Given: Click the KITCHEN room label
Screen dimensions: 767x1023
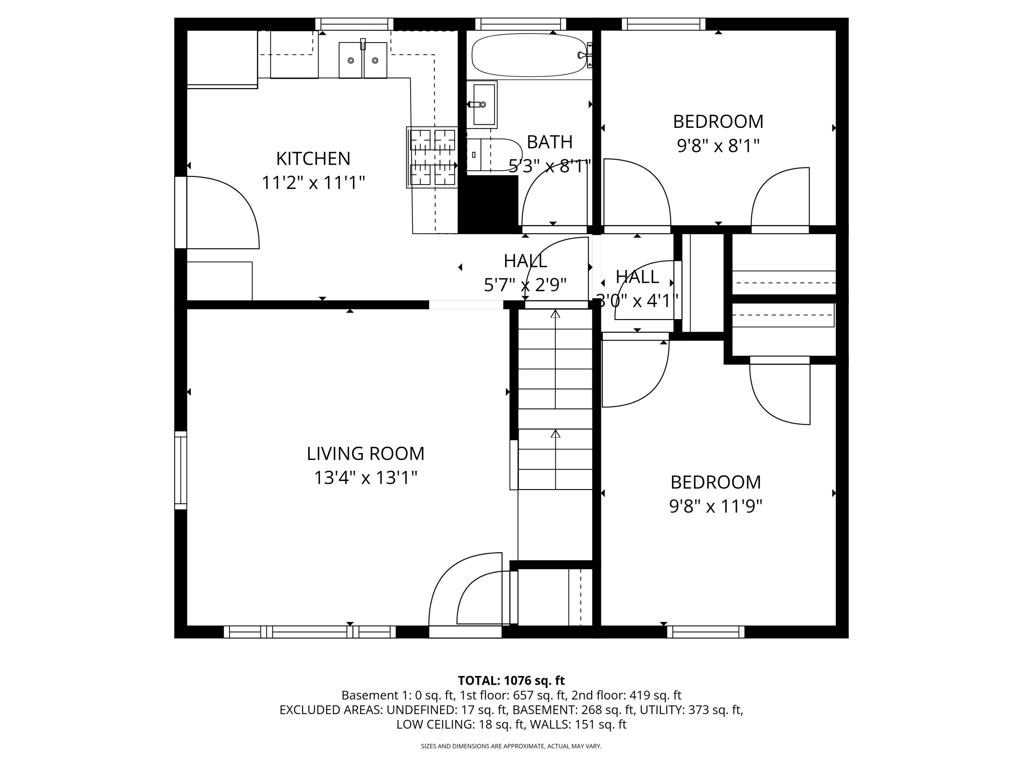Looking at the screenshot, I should point(313,159).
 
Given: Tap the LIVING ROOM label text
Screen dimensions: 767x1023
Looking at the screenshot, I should point(365,453).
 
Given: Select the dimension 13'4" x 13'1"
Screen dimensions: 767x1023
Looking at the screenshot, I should point(365,478).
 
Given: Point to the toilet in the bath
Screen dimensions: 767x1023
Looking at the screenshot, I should point(494,155).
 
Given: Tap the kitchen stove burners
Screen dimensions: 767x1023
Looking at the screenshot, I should point(432,157).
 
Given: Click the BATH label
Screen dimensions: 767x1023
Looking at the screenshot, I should point(549,142).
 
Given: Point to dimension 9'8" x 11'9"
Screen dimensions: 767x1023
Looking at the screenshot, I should point(715,506).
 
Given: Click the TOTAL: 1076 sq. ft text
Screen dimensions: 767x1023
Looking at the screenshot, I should point(511,680).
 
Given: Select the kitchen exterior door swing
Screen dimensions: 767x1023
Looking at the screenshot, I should point(220,213).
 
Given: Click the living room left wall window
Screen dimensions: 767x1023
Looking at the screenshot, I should point(181,470).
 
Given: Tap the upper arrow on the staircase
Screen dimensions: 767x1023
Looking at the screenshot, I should point(555,314).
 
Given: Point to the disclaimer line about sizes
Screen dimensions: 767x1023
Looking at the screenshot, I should point(511,746).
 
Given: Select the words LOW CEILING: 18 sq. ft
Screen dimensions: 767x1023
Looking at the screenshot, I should point(460,724).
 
